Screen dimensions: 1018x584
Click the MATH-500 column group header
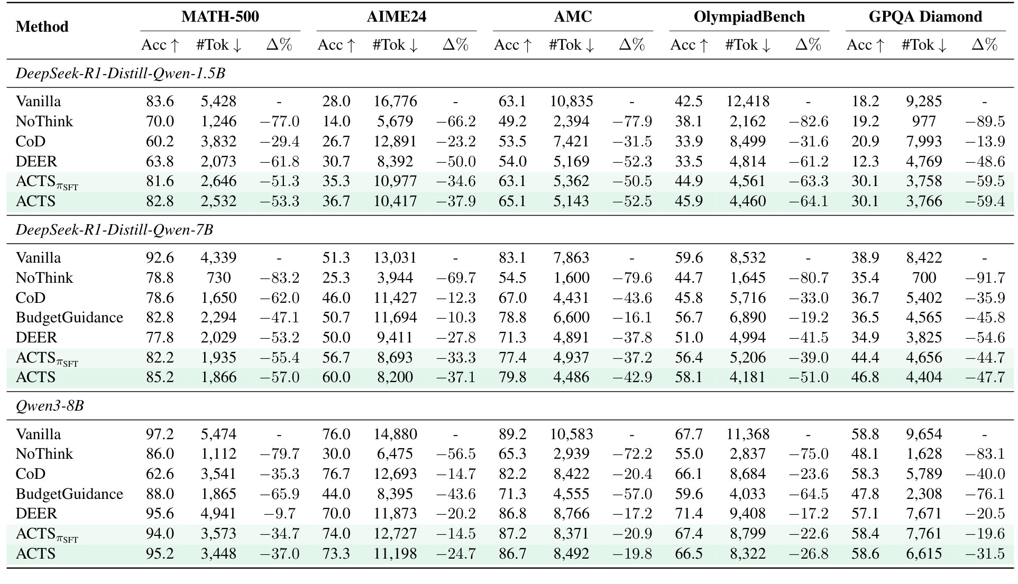220,16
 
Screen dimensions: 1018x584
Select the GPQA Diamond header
925,16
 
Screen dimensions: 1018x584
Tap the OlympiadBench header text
749,16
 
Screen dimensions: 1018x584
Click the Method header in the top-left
42,26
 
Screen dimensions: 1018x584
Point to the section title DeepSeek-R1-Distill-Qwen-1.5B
121,73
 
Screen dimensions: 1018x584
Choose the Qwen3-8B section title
50,406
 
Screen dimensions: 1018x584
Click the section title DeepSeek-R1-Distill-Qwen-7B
115,230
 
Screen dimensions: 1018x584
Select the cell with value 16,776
395,101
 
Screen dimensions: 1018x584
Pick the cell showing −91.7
984,277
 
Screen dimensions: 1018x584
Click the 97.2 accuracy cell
160,434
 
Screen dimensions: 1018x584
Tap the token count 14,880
395,434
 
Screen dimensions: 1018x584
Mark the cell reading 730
219,277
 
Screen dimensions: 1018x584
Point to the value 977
924,121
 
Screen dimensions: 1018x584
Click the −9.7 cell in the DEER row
282,513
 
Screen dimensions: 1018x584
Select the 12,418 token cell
748,101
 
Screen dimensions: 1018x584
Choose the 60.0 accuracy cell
336,377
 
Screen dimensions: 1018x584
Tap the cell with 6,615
924,553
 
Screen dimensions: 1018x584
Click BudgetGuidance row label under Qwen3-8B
69,494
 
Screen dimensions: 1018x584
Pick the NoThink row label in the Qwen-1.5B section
44,121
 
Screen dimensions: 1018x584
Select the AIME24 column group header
397,16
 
